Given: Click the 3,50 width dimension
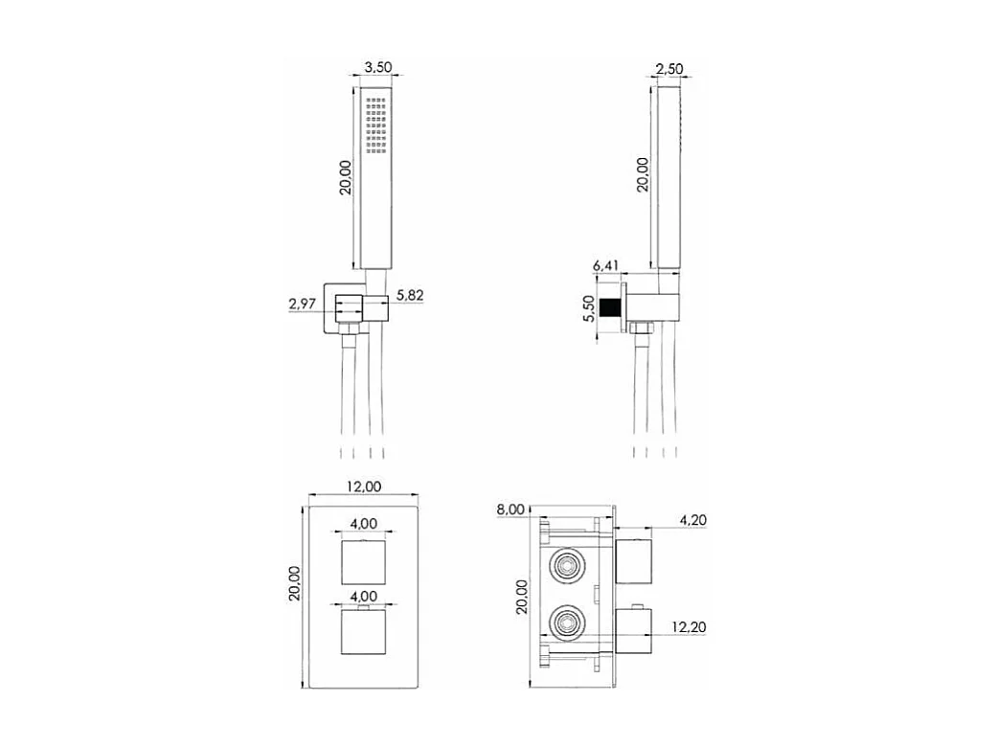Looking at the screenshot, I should (x=379, y=68).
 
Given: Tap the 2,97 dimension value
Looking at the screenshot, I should (x=303, y=305).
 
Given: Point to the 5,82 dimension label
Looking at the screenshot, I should (x=409, y=296).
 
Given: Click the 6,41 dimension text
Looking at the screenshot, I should (x=607, y=265).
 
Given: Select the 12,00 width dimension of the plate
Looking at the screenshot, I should (x=363, y=487).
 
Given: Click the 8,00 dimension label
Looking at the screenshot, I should (x=510, y=509).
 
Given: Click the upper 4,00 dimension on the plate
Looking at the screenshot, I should (x=363, y=523).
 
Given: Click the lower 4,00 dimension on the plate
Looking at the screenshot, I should (x=363, y=596).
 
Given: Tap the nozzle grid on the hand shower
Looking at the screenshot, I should (x=375, y=124).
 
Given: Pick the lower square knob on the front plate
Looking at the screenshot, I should (x=363, y=637).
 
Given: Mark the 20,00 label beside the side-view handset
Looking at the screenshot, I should (x=643, y=174).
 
